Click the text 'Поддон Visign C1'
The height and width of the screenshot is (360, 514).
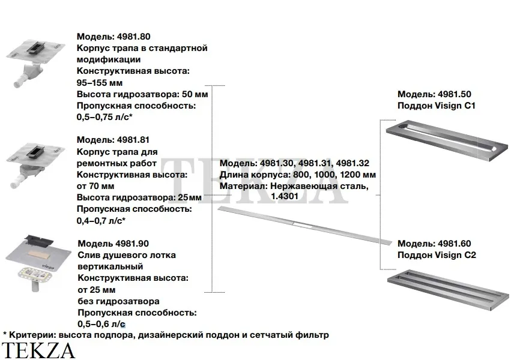[437, 106]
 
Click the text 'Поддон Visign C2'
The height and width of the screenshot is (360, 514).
[437, 255]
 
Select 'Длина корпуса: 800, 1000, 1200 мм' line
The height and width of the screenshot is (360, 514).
[297, 175]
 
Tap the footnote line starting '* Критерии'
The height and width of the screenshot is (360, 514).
[166, 335]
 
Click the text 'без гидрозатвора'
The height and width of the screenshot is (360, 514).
[118, 301]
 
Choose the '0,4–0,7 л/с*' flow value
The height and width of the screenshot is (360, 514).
[101, 220]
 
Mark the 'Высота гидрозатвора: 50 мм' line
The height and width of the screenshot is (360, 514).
[142, 94]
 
